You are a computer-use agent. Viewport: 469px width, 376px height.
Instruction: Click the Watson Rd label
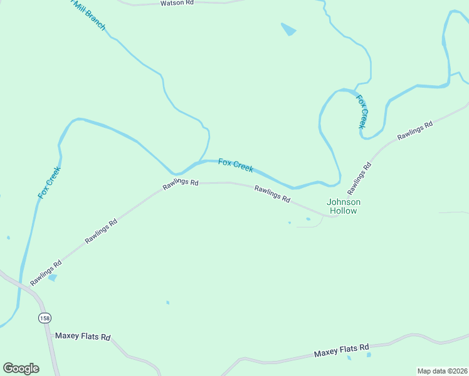[x=177, y=3]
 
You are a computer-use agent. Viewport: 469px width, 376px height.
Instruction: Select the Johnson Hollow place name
[x=344, y=206]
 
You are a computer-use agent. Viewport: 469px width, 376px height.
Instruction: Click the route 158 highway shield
[x=44, y=318]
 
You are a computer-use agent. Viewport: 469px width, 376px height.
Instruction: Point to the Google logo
[x=21, y=368]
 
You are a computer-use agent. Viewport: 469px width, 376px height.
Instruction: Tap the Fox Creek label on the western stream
[x=49, y=182]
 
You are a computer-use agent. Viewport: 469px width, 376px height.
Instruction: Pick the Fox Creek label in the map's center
[x=236, y=165]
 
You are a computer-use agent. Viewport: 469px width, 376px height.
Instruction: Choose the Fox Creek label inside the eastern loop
[x=362, y=112]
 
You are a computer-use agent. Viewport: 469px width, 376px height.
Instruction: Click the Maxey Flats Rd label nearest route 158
[x=83, y=337]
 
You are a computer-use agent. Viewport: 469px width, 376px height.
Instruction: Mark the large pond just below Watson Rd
[x=288, y=29]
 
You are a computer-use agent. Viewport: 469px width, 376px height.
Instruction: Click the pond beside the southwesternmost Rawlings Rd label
[x=53, y=277]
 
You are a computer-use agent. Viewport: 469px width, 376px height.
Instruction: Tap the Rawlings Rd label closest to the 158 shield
[x=46, y=273]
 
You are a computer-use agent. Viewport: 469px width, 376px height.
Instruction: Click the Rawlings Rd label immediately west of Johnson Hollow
[x=272, y=194]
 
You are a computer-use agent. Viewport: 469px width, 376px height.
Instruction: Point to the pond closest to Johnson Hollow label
[x=308, y=219]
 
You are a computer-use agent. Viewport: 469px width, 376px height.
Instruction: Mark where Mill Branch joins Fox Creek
[x=199, y=162]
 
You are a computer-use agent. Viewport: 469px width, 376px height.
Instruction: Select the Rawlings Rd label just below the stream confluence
[x=181, y=183]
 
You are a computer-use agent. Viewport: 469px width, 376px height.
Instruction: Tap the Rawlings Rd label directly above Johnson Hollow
[x=359, y=177]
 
